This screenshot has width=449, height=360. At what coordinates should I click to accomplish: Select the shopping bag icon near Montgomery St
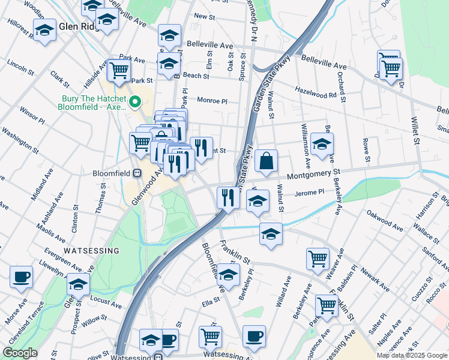(x=266, y=161)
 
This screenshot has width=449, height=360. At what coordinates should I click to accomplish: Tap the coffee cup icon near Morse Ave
(x=22, y=277)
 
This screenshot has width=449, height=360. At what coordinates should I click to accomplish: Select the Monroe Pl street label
(x=212, y=101)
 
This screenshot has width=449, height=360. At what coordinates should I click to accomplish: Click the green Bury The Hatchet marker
(x=136, y=103)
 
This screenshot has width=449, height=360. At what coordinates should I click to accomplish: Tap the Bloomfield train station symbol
(x=137, y=173)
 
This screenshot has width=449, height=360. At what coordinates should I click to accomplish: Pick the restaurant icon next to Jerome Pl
(x=228, y=197)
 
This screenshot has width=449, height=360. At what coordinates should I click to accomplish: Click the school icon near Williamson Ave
(x=322, y=145)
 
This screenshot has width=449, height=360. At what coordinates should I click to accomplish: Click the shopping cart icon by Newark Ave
(x=318, y=259)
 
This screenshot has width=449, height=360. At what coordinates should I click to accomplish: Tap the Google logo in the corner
(x=20, y=353)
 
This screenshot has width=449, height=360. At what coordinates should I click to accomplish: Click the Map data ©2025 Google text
(x=411, y=355)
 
